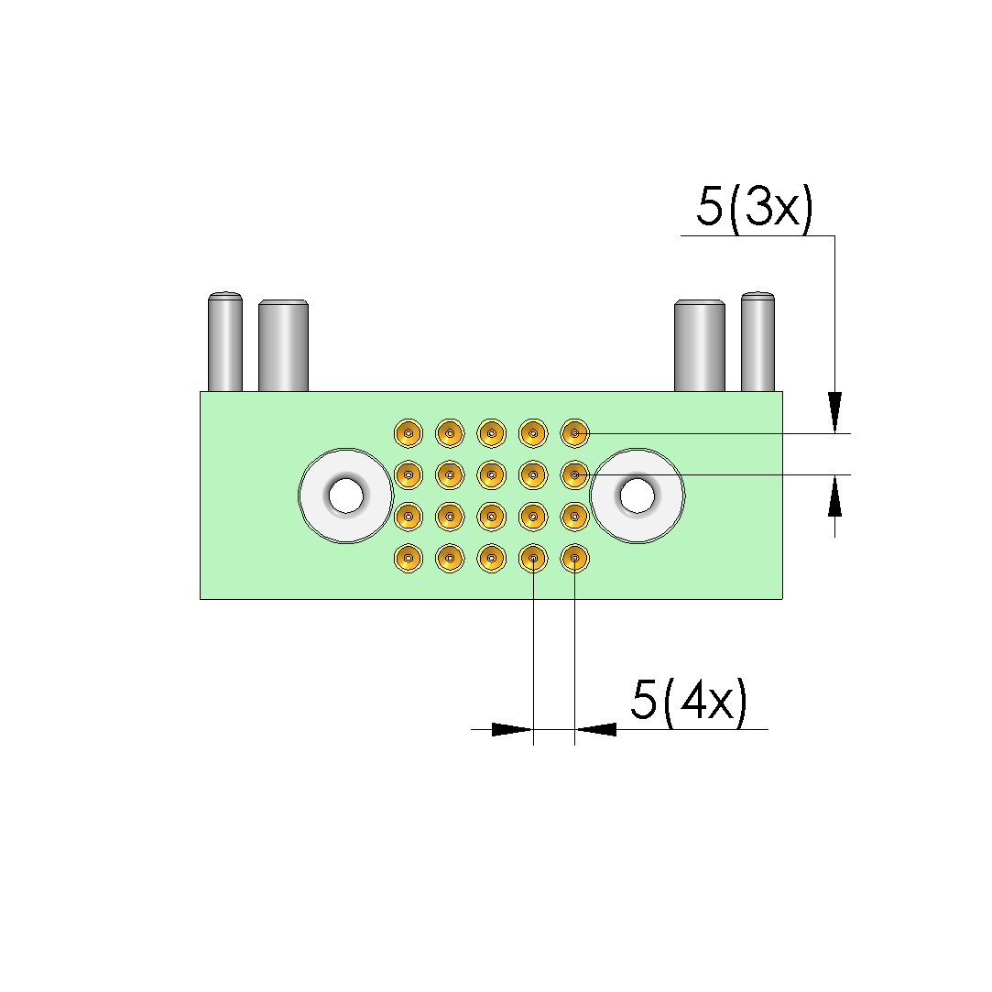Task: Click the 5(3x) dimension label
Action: [x=755, y=207]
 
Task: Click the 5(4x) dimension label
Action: [x=689, y=700]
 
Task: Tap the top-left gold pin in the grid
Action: [x=409, y=433]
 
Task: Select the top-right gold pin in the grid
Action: [x=574, y=433]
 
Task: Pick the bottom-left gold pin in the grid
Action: [x=409, y=559]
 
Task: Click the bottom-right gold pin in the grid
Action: [x=574, y=559]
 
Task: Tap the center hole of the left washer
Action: [x=346, y=496]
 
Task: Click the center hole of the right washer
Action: [x=638, y=496]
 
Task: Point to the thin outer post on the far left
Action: [x=225, y=342]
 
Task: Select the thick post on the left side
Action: [x=283, y=345]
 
